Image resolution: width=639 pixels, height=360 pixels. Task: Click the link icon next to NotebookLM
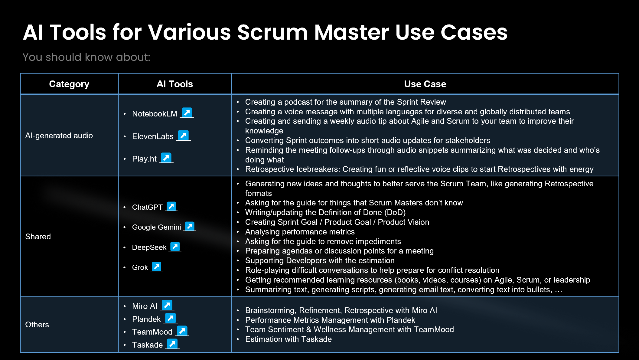[x=187, y=113]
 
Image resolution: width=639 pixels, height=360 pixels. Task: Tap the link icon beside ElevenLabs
[x=183, y=135]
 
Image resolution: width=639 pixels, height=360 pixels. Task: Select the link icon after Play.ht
[x=166, y=158]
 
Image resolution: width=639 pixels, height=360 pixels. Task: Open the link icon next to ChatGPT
[x=171, y=206]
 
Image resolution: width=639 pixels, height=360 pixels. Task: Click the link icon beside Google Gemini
[x=190, y=226]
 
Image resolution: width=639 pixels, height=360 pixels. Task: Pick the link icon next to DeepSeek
[x=175, y=247]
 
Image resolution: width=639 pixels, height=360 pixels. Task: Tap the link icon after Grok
[x=157, y=267]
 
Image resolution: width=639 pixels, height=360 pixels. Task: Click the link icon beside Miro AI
[x=167, y=305]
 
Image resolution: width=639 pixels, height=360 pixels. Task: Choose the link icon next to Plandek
[x=171, y=318]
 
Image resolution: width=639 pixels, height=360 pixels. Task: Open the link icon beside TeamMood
[x=182, y=331]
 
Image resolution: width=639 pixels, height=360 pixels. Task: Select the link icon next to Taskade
[x=172, y=344]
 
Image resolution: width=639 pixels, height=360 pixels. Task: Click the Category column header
[x=69, y=84]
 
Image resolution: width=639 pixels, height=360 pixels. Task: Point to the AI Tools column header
[x=175, y=84]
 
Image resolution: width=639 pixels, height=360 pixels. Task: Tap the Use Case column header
[x=425, y=84]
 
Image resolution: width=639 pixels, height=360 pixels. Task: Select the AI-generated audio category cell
[x=59, y=136]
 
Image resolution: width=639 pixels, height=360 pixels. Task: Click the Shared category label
[x=38, y=237]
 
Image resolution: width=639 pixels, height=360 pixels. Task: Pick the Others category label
[x=37, y=325]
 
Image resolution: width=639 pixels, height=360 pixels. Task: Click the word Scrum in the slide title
[x=272, y=32]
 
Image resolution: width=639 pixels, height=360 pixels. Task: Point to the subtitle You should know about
[x=86, y=57]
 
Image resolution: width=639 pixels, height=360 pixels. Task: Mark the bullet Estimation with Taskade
[x=288, y=339]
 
